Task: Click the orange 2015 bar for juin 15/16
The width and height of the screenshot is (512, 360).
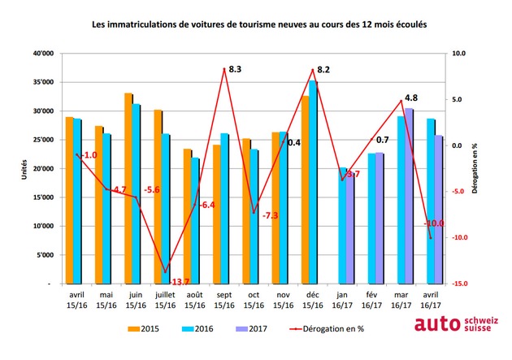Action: tap(128, 189)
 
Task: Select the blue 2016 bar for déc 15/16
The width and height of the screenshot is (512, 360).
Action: tap(313, 182)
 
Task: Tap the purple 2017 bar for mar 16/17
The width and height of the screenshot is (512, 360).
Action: tap(409, 196)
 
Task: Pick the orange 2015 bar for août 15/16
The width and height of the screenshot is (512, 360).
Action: tap(188, 216)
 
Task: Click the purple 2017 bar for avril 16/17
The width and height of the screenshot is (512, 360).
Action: tap(439, 209)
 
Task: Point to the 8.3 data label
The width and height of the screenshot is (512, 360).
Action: tap(235, 69)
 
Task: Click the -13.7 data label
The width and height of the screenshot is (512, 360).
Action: tap(180, 282)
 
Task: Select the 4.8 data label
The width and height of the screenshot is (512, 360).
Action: tap(411, 98)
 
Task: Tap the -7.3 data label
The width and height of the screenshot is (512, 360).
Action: tap(271, 215)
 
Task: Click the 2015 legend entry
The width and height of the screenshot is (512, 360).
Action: tap(143, 328)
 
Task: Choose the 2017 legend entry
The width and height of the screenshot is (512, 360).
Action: tap(251, 328)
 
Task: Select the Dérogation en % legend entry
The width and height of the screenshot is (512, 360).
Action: tap(327, 328)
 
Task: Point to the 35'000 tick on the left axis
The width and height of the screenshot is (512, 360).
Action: tap(43, 82)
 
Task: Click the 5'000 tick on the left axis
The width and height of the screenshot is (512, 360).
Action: tap(45, 255)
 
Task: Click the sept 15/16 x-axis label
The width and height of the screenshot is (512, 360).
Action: tap(224, 301)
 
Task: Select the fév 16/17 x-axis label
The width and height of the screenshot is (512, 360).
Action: tap(371, 301)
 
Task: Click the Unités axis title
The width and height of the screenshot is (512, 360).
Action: tap(24, 169)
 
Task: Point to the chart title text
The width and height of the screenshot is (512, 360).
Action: tap(259, 24)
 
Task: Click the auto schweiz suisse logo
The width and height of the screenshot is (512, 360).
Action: tap(457, 323)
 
